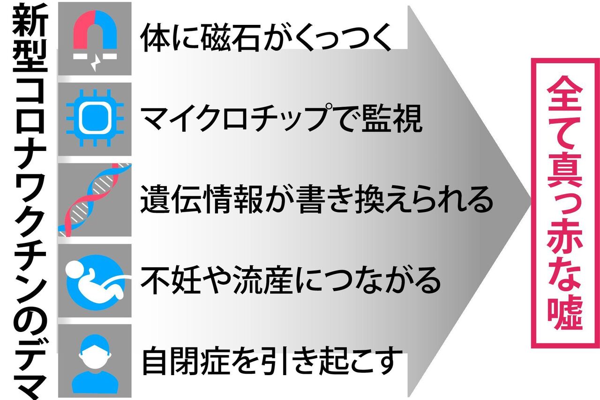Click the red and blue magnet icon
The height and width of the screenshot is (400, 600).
(95, 31)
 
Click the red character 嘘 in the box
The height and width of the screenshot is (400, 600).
(565, 311)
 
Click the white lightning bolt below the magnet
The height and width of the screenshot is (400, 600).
(95, 64)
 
